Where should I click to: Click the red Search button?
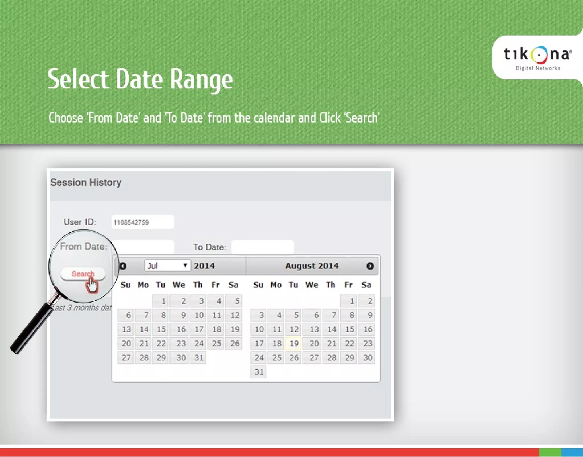83,274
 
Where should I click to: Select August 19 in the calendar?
294,344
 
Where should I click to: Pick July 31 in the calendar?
198,358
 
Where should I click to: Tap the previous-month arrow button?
123,266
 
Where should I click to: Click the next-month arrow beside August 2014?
370,266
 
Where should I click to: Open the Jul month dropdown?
167,266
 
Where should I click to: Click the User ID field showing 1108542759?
142,222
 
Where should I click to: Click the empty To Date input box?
262,247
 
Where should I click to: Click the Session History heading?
86,182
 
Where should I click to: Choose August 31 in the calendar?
258,372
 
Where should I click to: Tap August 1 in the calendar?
349,301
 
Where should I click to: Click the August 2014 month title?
312,266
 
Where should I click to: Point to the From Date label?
84,246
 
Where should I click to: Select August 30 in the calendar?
367,358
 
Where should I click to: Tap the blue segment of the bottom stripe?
572,452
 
